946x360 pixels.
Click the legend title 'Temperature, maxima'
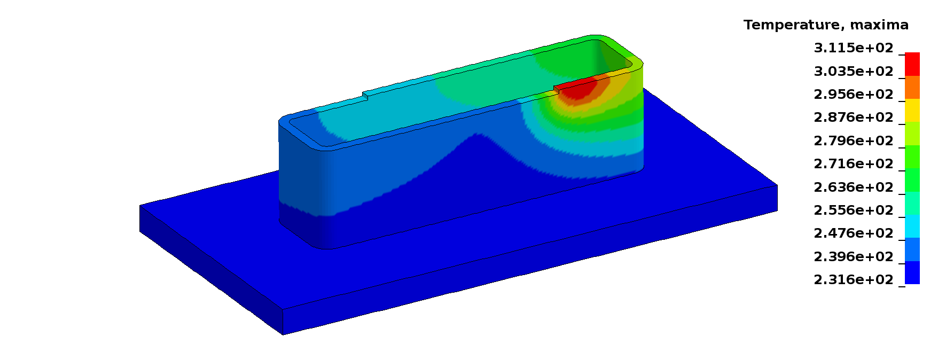point(825,25)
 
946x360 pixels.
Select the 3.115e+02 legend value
point(853,48)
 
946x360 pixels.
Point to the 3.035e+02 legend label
point(853,71)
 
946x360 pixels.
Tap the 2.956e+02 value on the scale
point(853,95)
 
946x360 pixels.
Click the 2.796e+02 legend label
point(853,141)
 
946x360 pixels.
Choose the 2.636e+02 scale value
point(853,187)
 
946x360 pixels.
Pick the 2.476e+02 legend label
point(853,233)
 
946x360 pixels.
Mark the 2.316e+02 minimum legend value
point(853,280)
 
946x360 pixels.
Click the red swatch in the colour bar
point(912,64)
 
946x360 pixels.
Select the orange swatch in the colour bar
point(912,88)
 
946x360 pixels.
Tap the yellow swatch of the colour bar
point(912,111)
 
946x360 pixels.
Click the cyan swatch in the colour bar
point(912,226)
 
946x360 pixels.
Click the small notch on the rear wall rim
point(365,96)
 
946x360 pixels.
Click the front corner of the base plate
point(283,310)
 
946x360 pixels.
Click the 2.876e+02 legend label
point(853,118)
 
